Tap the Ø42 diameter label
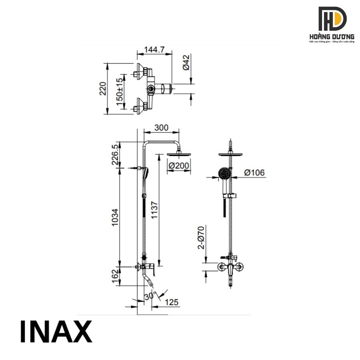(x=186, y=62)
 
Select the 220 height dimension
(x=102, y=88)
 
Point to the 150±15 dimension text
(x=120, y=92)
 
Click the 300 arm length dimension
(x=161, y=128)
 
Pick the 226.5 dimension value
(x=115, y=155)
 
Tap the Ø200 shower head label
(x=179, y=166)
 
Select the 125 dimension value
(x=171, y=303)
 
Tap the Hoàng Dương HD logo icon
(x=332, y=19)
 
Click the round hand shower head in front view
(x=224, y=174)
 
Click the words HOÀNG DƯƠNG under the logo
(x=332, y=37)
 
